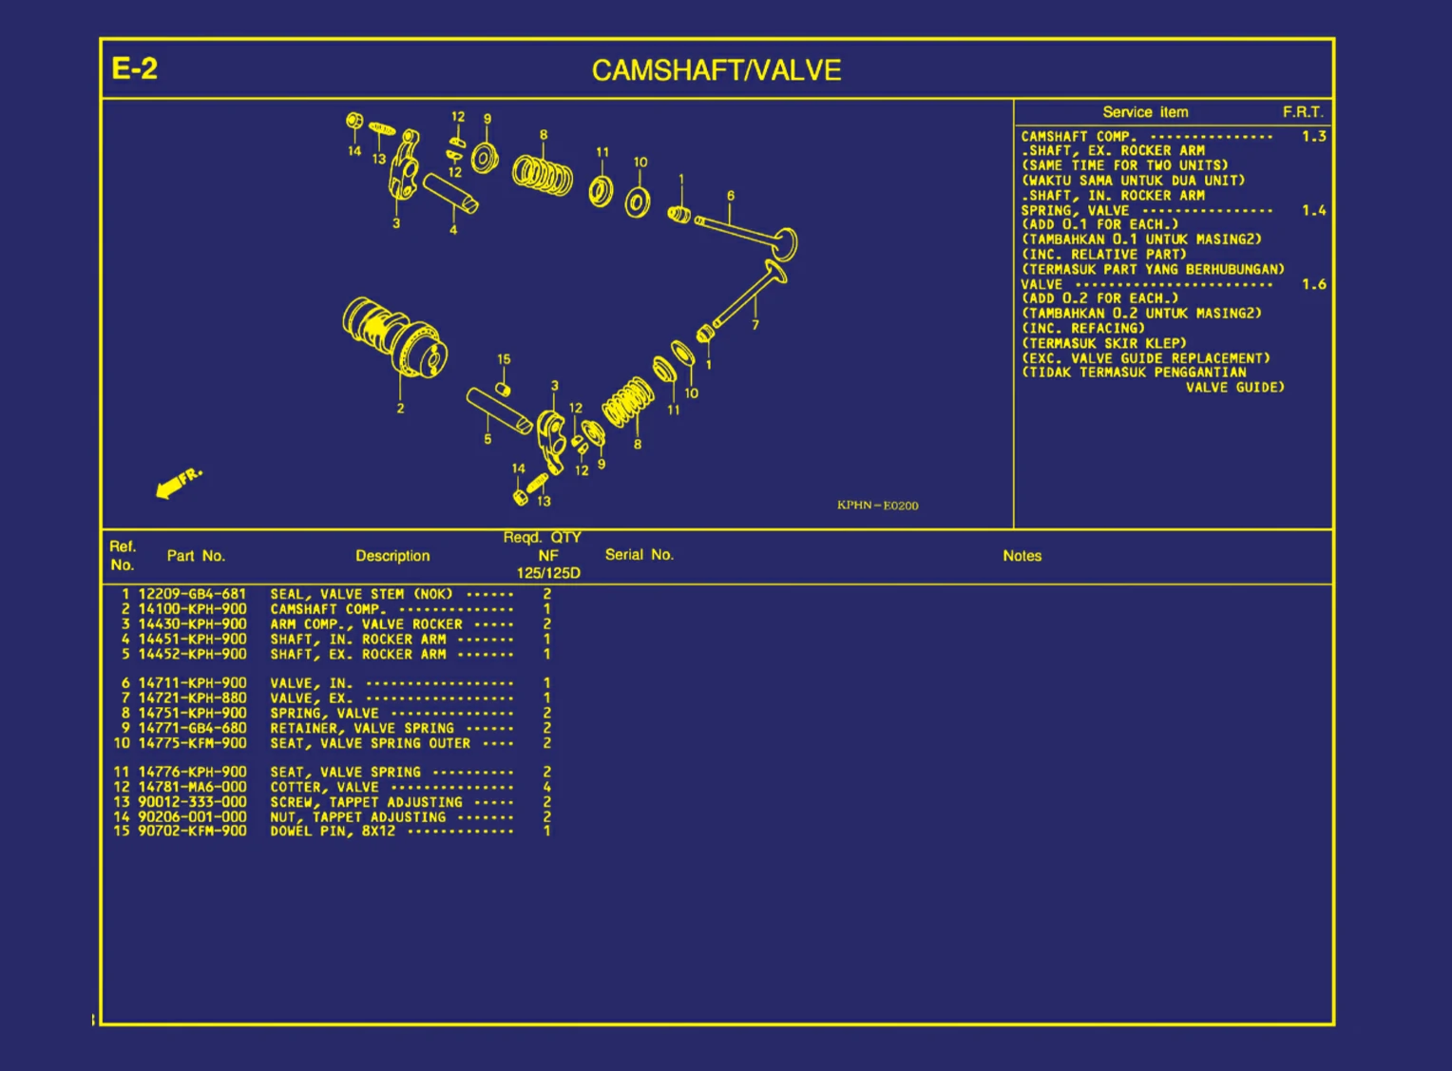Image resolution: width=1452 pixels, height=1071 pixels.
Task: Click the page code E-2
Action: coord(134,68)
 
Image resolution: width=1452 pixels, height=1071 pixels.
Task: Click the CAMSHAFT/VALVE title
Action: coord(716,70)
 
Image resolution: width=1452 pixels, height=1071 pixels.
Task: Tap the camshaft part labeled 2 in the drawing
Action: coord(393,337)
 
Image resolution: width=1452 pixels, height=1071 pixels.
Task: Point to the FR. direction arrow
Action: coord(178,482)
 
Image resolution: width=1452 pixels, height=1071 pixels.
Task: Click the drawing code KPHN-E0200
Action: coord(877,506)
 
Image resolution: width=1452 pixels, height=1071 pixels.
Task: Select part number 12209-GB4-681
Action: coord(192,594)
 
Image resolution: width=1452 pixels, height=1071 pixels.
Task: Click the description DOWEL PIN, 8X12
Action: coord(333,832)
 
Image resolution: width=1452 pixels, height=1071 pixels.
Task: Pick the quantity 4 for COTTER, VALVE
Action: coord(546,787)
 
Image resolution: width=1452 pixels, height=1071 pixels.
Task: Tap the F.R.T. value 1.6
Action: coord(1313,284)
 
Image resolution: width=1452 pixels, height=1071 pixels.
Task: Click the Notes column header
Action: coord(1022,556)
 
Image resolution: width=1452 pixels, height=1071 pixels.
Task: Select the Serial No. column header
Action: coord(639,555)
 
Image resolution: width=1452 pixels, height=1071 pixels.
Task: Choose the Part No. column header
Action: coord(196,556)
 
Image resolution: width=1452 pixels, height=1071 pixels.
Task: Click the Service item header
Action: coord(1145,112)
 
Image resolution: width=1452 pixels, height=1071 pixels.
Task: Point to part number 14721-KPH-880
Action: coord(192,698)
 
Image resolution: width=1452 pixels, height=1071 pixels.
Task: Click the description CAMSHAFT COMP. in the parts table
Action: coord(327,609)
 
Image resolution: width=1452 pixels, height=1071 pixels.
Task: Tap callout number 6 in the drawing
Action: coord(730,196)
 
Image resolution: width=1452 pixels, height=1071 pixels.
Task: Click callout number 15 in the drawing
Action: coord(504,359)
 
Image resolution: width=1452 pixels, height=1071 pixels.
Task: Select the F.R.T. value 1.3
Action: coord(1313,137)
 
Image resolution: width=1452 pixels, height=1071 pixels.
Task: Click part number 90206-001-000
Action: coord(192,816)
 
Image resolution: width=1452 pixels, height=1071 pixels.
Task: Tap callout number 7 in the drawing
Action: coord(755,324)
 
